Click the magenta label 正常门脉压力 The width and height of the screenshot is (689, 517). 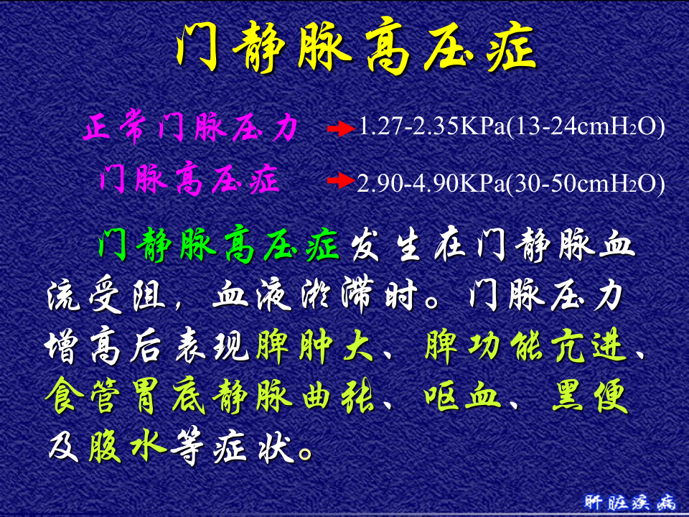click(x=190, y=129)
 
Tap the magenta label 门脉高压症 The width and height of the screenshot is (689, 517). click(x=189, y=180)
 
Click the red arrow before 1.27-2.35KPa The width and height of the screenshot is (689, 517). click(x=340, y=129)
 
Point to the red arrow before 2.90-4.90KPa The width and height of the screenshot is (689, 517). click(x=340, y=180)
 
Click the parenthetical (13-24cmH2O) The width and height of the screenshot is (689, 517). click(x=586, y=128)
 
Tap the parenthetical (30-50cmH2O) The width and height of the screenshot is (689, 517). click(x=585, y=183)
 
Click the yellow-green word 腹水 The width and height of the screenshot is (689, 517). click(x=128, y=447)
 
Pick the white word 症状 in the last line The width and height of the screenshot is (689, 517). click(x=256, y=447)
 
